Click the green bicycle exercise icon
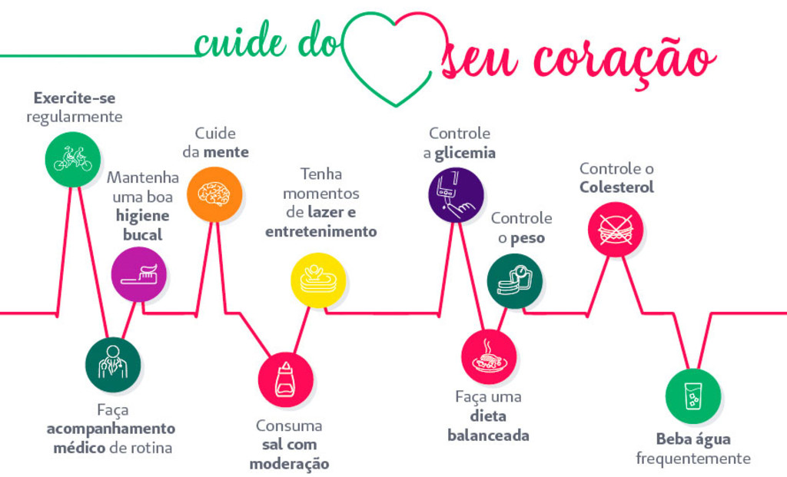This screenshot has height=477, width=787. (x=73, y=160)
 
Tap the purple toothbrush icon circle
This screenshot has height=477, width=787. (x=139, y=274)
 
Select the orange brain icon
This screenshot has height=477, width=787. (x=214, y=194)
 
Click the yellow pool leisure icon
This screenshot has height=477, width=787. (x=318, y=280)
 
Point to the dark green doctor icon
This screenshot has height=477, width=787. (x=113, y=365)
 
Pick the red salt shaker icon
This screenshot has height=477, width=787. (x=286, y=379)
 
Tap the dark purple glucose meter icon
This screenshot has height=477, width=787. (x=457, y=195)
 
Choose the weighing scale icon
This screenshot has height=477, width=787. (x=515, y=281)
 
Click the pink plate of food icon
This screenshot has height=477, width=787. (x=489, y=356)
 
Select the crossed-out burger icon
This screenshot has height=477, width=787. (x=616, y=230)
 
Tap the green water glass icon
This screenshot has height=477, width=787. (x=693, y=396)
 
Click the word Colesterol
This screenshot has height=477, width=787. (x=616, y=187)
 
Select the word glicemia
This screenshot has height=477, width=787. (x=465, y=153)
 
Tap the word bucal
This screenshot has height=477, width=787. (x=142, y=235)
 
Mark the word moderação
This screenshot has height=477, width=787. (x=289, y=464)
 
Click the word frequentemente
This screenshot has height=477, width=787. (x=693, y=459)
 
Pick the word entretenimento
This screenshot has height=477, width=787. (x=320, y=231)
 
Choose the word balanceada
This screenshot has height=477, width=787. (x=488, y=436)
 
